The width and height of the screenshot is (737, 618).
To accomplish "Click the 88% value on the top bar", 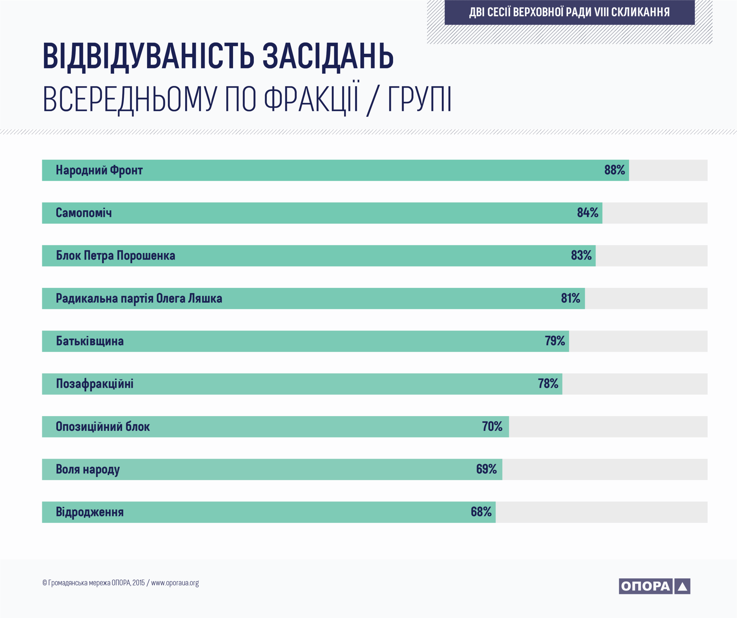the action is (x=615, y=170).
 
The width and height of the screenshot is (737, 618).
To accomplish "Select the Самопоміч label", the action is (x=83, y=213).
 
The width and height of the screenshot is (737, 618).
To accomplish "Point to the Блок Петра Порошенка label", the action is (x=116, y=256).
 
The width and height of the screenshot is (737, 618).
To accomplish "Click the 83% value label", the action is (x=581, y=256).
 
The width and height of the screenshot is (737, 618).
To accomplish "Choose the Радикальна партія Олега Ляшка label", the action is (x=139, y=299).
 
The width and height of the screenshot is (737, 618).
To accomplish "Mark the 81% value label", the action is (x=571, y=298).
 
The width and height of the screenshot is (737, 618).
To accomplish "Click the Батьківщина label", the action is (x=90, y=341).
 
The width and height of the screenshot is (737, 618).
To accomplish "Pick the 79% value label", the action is (x=555, y=341).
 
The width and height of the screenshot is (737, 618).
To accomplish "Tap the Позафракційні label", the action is (x=95, y=384).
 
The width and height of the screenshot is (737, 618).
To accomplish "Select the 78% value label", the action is (x=548, y=384).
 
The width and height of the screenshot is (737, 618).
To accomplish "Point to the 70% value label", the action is (x=492, y=426).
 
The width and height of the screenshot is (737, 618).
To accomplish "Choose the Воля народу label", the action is (x=88, y=470).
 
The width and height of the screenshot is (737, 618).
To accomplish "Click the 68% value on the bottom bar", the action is (x=481, y=512).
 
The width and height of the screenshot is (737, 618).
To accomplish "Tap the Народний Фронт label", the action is (x=99, y=170).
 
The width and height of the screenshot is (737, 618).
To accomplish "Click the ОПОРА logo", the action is (x=654, y=586).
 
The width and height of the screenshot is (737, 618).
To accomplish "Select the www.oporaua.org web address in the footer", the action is (x=175, y=583).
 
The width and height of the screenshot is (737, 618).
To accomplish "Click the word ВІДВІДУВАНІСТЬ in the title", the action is (x=148, y=56).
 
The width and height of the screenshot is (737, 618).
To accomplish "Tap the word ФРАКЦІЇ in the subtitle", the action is (x=311, y=98).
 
